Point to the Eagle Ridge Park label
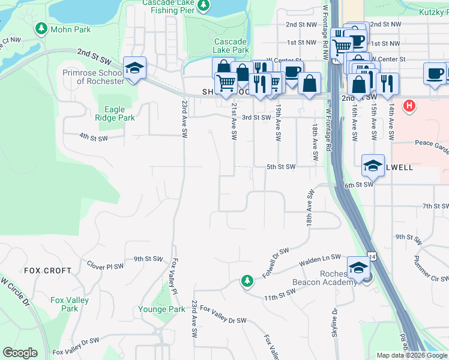[115, 113]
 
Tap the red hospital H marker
[409, 106]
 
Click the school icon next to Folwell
[373, 166]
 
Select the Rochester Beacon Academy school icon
[358, 267]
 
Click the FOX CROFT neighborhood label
[47, 271]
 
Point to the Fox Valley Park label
[70, 304]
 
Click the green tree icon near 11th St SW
[247, 281]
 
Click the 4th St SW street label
[93, 138]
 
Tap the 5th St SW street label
[281, 167]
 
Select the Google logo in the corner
[20, 353]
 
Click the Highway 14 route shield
[372, 256]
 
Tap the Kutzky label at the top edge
[431, 11]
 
